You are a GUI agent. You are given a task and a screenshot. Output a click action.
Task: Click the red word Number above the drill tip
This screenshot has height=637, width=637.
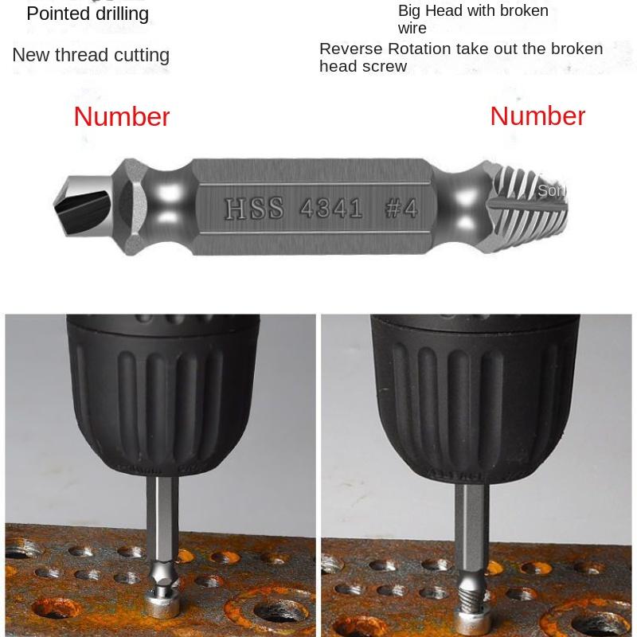[122, 117]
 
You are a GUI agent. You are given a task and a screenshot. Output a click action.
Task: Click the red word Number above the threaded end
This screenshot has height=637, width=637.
[537, 116]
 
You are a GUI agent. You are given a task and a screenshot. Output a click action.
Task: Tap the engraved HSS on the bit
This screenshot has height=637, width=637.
[254, 209]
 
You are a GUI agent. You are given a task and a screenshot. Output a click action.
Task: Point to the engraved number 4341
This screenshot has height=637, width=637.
[331, 209]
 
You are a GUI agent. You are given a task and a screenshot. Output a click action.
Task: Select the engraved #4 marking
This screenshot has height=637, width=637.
[401, 209]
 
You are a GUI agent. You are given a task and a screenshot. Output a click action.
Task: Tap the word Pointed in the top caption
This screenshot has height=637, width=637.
[56, 14]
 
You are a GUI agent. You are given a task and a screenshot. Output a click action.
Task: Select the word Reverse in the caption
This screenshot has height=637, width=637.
[351, 49]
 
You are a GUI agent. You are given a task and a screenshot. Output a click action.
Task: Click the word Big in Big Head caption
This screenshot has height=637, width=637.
[408, 11]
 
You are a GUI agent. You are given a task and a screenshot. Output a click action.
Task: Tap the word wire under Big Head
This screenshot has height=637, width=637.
[412, 29]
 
